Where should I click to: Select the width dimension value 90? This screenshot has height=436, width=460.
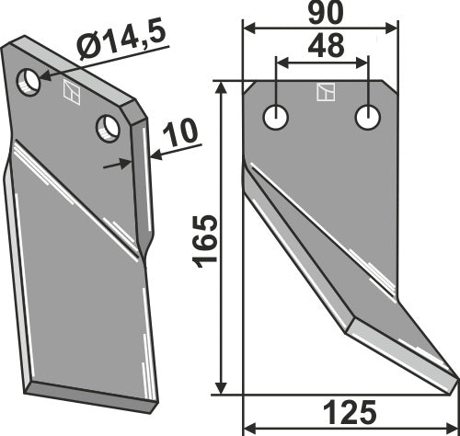(320, 14)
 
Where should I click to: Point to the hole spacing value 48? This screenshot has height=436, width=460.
(320, 48)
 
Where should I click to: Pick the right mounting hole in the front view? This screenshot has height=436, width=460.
(369, 117)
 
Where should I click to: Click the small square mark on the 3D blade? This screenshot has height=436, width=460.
(72, 90)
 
